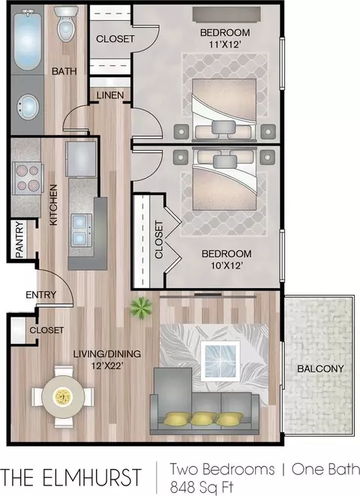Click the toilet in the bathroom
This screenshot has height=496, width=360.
(66, 24)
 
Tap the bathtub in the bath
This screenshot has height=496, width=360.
(28, 40)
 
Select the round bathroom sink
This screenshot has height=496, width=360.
(28, 107)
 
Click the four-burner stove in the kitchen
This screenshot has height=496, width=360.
(28, 178)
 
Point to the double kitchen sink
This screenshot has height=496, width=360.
(81, 230)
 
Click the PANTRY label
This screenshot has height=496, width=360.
(19, 239)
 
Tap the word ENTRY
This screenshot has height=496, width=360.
(40, 295)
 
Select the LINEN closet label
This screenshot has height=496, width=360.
(110, 95)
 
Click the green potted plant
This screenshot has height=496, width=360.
(141, 308)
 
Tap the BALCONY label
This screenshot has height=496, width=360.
(320, 368)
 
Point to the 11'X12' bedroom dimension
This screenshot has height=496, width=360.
(225, 44)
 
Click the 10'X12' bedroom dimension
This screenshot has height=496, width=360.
(226, 266)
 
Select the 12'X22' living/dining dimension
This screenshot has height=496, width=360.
(107, 365)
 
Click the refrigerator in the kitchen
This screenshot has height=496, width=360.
(81, 158)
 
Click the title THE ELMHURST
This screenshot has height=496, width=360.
(71, 477)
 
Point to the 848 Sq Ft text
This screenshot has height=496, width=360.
(202, 487)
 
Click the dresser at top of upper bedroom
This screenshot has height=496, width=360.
(226, 15)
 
